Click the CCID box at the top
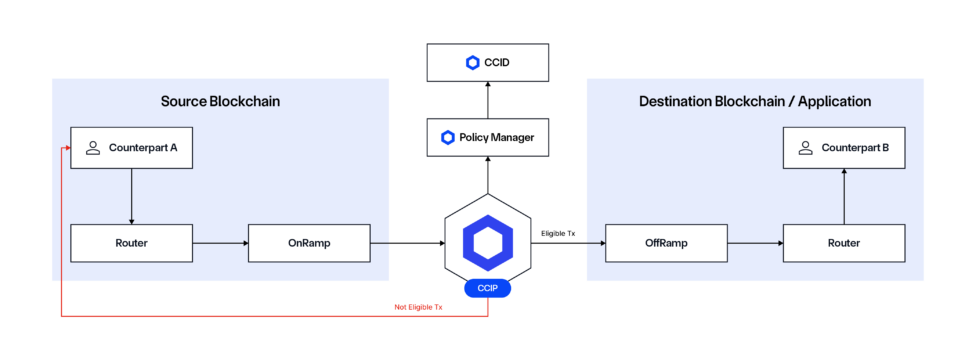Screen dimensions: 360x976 pyautogui.click(x=487, y=63)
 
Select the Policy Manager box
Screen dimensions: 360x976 pyautogui.click(x=487, y=136)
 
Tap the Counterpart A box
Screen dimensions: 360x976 pyautogui.click(x=131, y=147)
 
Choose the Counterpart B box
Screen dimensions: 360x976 pyautogui.click(x=843, y=147)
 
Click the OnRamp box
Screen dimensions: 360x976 pyautogui.click(x=309, y=243)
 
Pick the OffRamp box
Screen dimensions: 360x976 pyautogui.click(x=666, y=243)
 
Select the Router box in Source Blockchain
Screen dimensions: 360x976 pyautogui.click(x=131, y=243)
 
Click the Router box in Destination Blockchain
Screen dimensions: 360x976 pyautogui.click(x=843, y=243)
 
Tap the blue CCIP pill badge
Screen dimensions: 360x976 pyautogui.click(x=488, y=289)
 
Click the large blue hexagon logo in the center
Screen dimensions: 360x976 pyautogui.click(x=488, y=242)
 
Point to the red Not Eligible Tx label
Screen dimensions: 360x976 pyautogui.click(x=418, y=307)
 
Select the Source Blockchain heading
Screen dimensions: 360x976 pyautogui.click(x=220, y=101)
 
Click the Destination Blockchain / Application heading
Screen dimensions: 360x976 pyautogui.click(x=755, y=101)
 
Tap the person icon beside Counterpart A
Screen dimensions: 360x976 pyautogui.click(x=93, y=147)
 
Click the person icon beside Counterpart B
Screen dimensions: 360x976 pyautogui.click(x=805, y=147)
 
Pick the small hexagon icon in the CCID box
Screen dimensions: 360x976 pyautogui.click(x=473, y=63)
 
